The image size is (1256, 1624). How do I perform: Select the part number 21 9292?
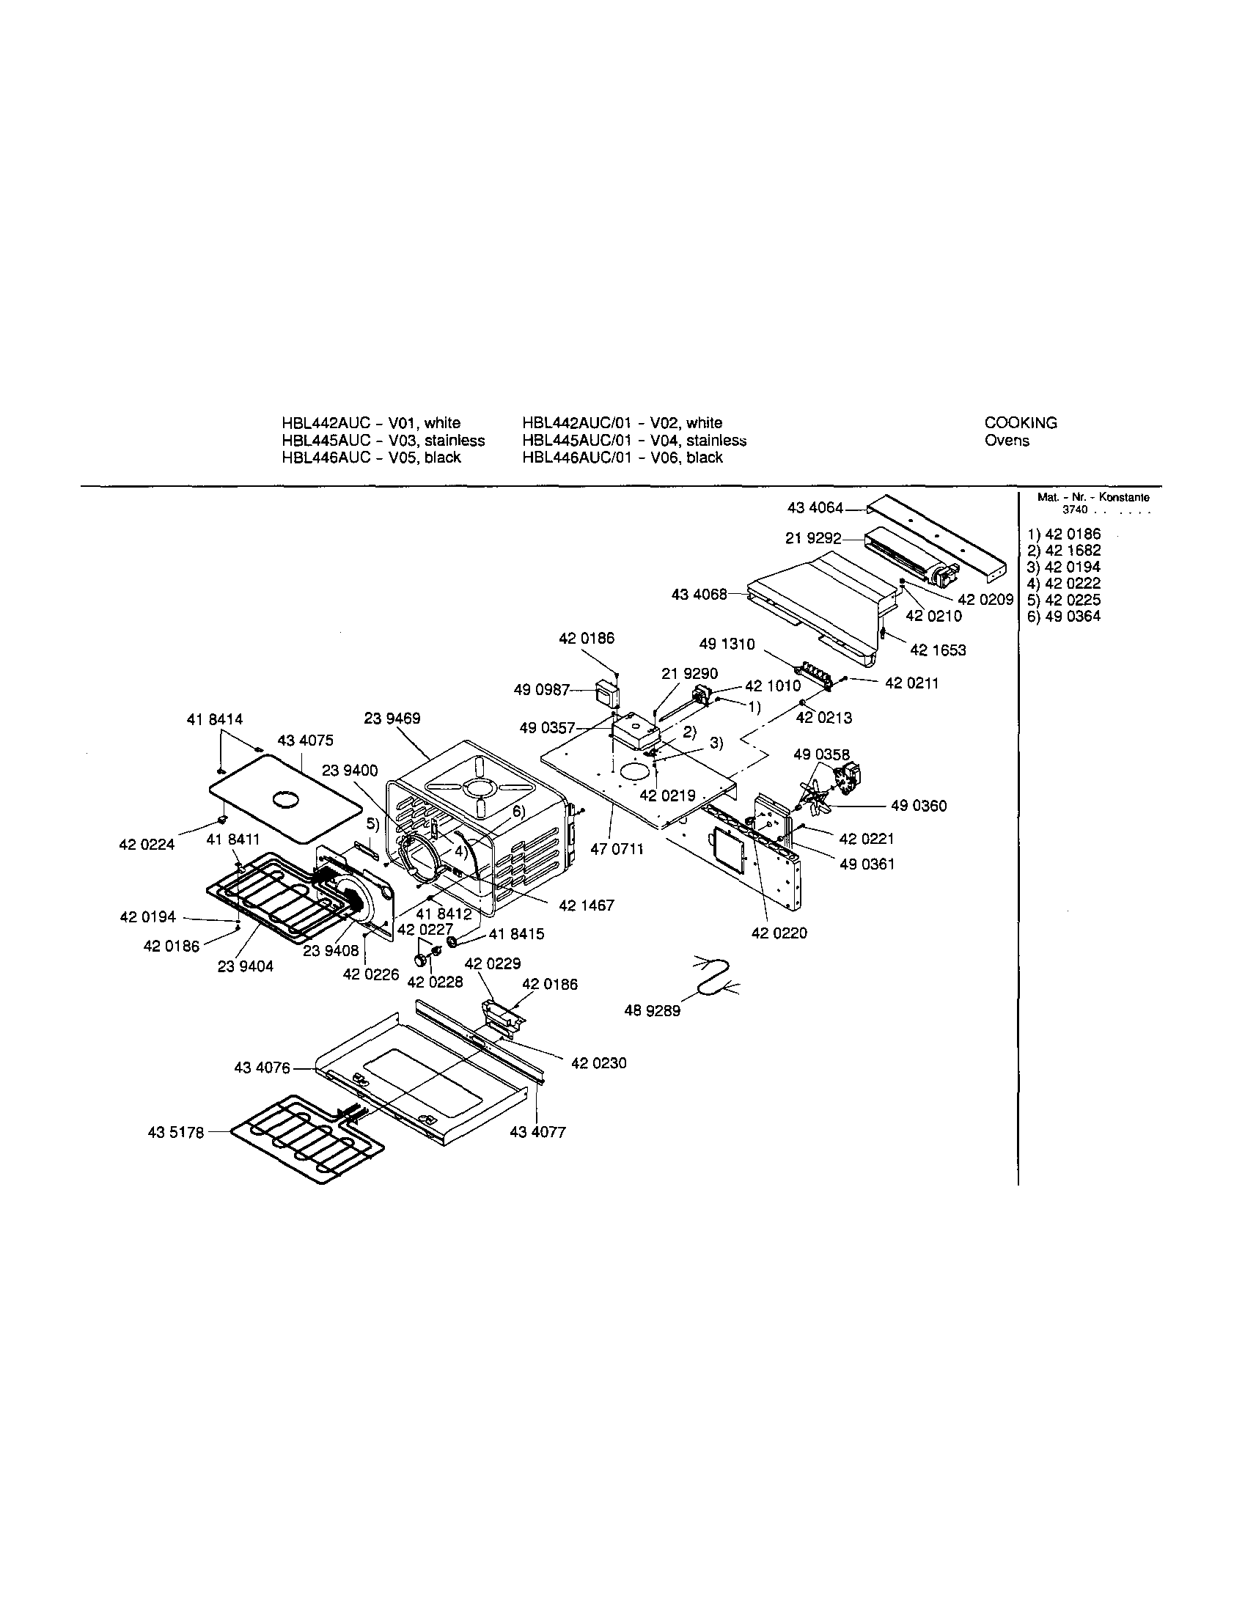pyautogui.click(x=813, y=538)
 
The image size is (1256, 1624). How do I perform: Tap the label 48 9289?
pyautogui.click(x=652, y=1011)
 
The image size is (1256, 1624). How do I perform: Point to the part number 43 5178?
pyautogui.click(x=175, y=1133)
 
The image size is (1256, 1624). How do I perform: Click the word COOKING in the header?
pyautogui.click(x=1020, y=423)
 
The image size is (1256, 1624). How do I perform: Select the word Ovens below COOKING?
pyautogui.click(x=1007, y=440)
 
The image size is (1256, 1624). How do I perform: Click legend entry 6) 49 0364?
pyautogui.click(x=1063, y=616)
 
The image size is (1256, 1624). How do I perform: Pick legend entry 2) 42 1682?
pyautogui.click(x=1063, y=551)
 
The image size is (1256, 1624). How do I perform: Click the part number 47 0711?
pyautogui.click(x=617, y=848)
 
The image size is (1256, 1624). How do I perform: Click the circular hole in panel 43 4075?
pyautogui.click(x=284, y=799)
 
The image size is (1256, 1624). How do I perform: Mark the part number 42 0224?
pyautogui.click(x=147, y=844)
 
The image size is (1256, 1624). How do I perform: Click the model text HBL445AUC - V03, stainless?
pyautogui.click(x=383, y=440)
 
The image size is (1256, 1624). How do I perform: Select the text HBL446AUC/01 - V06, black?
pyautogui.click(x=623, y=458)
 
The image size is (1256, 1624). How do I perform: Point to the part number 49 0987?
pyautogui.click(x=540, y=690)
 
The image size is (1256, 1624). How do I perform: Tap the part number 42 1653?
pyautogui.click(x=938, y=650)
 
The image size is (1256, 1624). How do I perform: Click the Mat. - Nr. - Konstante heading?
pyautogui.click(x=1093, y=497)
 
